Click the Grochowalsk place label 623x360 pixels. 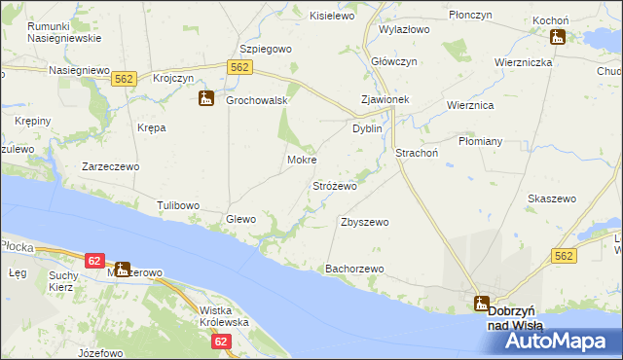point(255,99)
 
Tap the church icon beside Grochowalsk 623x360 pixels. point(206,98)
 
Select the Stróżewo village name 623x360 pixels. point(334,185)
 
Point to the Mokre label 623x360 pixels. point(302,160)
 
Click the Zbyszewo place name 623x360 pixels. point(365,222)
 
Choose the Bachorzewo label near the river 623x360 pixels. point(355,268)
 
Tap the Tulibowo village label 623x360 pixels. point(178,205)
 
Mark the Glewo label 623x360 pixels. point(240,219)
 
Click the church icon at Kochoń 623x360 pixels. point(558,37)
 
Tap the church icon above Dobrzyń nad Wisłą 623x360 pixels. point(482,303)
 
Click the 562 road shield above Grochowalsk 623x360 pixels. point(241,66)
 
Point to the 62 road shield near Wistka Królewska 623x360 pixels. point(221,342)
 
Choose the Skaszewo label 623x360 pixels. point(552,198)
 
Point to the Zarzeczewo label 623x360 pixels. point(110,166)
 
